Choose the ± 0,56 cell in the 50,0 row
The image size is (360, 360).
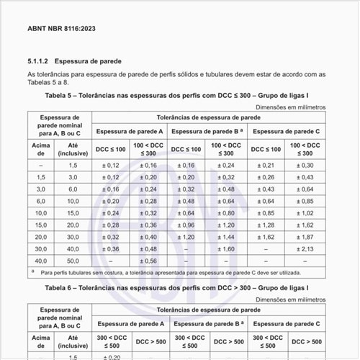(x=149, y=261)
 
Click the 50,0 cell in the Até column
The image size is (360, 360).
(x=73, y=261)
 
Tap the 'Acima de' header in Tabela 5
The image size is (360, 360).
(x=40, y=148)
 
